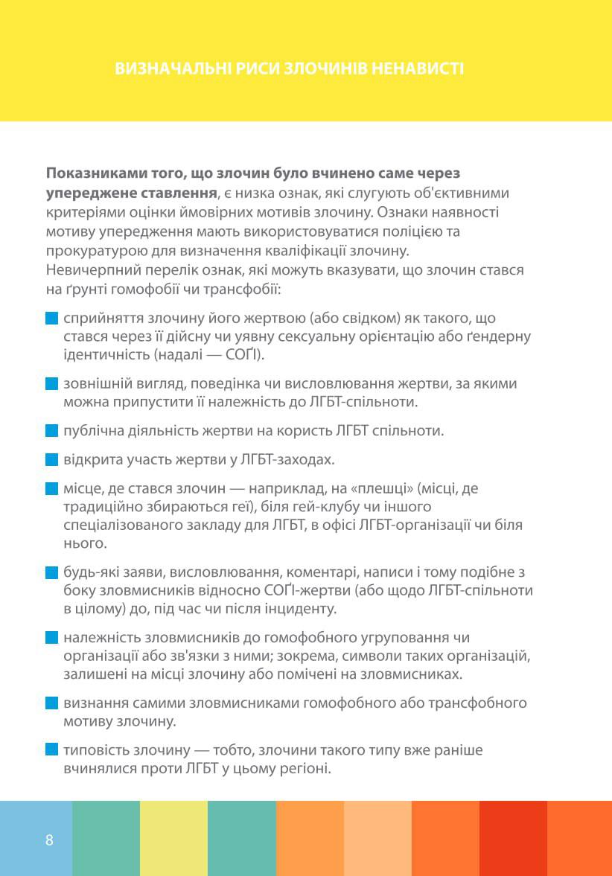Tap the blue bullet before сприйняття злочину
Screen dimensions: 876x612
coord(51,319)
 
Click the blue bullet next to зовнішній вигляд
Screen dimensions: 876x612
coord(51,384)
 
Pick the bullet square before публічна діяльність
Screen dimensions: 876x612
coord(51,431)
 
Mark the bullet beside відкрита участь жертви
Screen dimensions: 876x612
coord(51,460)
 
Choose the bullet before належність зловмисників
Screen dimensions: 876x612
coord(51,638)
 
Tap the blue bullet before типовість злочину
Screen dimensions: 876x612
coord(51,749)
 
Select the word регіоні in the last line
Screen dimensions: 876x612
coord(305,768)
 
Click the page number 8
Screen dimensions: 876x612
coord(49,841)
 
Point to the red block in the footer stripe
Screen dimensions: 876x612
coord(513,838)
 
